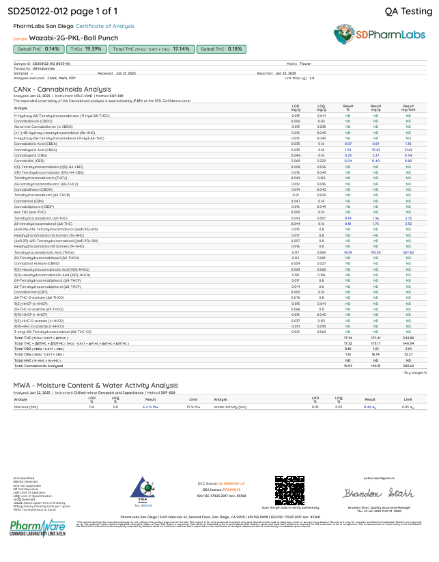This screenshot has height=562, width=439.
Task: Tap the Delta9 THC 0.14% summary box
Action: (39, 49)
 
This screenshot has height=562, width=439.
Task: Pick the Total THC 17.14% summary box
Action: (152, 49)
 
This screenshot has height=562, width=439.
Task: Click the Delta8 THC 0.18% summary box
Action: (221, 49)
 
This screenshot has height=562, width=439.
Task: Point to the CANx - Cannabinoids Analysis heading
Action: (62, 89)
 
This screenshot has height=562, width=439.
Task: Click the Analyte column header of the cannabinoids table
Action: (21, 107)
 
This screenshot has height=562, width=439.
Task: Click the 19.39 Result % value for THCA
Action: (348, 252)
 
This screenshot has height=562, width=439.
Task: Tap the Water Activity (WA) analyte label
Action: (230, 407)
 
